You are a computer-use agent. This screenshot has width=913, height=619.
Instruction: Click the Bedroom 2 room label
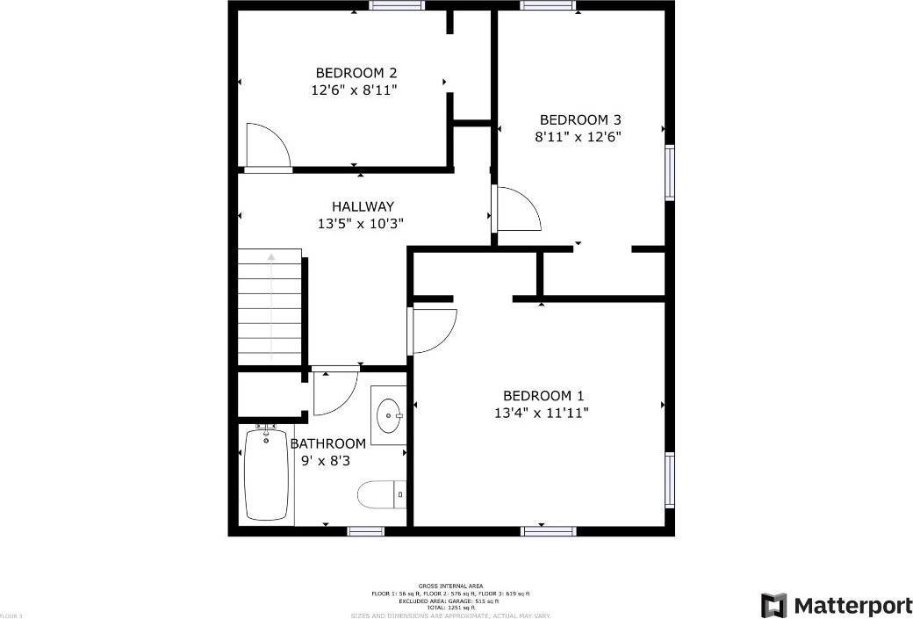[x=349, y=72]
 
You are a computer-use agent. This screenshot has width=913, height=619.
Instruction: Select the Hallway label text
[x=363, y=206]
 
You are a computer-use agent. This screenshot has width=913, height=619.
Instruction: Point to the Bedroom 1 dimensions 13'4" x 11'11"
[x=541, y=412]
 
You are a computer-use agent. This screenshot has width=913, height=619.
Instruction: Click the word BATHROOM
[x=327, y=443]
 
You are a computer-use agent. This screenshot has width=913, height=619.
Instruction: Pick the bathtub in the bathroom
[x=266, y=474]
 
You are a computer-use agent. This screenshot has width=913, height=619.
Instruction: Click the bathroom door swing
[x=334, y=392]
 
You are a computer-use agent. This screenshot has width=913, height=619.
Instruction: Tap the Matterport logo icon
[x=773, y=605]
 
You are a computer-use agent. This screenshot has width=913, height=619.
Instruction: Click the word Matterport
[x=852, y=605]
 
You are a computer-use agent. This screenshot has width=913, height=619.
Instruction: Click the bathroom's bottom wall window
[x=366, y=530]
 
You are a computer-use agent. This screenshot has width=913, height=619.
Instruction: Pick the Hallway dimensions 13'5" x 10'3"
[x=361, y=223]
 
